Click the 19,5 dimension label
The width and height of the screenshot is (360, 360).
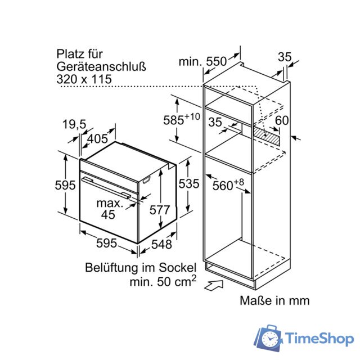(74, 125)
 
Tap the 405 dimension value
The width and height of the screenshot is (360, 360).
(97, 139)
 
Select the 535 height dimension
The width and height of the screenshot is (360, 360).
(189, 184)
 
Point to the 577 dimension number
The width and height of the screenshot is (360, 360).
(160, 210)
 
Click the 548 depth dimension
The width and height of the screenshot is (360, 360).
(161, 244)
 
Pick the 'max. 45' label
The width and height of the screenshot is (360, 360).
(109, 209)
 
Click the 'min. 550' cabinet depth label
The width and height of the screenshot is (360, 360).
(202, 61)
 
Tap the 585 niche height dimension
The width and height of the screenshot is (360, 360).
(181, 119)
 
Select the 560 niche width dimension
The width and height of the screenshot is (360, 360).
(228, 184)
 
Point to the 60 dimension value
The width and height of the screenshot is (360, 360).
(282, 120)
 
